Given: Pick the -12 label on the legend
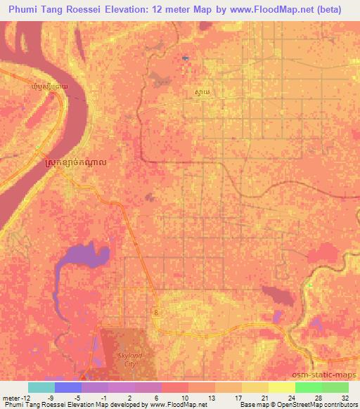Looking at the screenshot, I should point(22,397).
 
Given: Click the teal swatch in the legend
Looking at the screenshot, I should point(41,387).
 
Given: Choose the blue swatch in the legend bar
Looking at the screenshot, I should point(67,387).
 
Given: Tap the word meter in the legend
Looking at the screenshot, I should point(9,397).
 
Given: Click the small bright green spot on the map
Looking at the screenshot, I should point(309,285).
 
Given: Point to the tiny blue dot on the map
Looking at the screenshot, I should point(184,58).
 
